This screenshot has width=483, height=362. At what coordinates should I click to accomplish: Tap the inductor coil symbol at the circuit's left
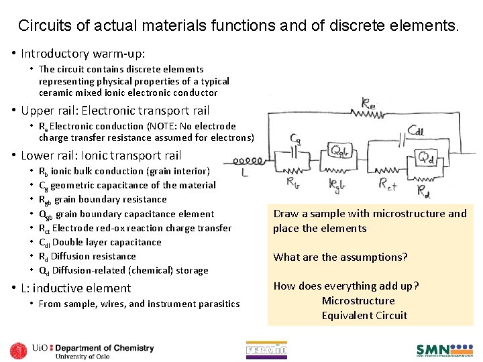pyautogui.click(x=246, y=161)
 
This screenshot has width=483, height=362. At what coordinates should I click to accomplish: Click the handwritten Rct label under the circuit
pyautogui.click(x=387, y=182)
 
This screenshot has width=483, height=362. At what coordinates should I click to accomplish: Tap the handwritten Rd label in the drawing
pyautogui.click(x=423, y=192)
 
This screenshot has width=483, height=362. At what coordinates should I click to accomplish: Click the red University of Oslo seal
pyautogui.click(x=19, y=350)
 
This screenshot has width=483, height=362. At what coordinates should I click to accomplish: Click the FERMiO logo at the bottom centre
pyautogui.click(x=266, y=349)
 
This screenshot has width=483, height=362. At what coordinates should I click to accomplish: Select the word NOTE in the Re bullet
pyautogui.click(x=159, y=126)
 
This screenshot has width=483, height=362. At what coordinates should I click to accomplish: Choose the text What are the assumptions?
pyautogui.click(x=340, y=257)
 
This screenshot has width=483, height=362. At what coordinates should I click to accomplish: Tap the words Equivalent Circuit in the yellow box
pyautogui.click(x=364, y=316)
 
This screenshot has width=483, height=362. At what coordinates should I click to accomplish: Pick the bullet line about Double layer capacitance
pyautogui.click(x=100, y=242)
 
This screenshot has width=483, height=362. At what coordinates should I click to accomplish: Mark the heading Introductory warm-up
pyautogui.click(x=83, y=53)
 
